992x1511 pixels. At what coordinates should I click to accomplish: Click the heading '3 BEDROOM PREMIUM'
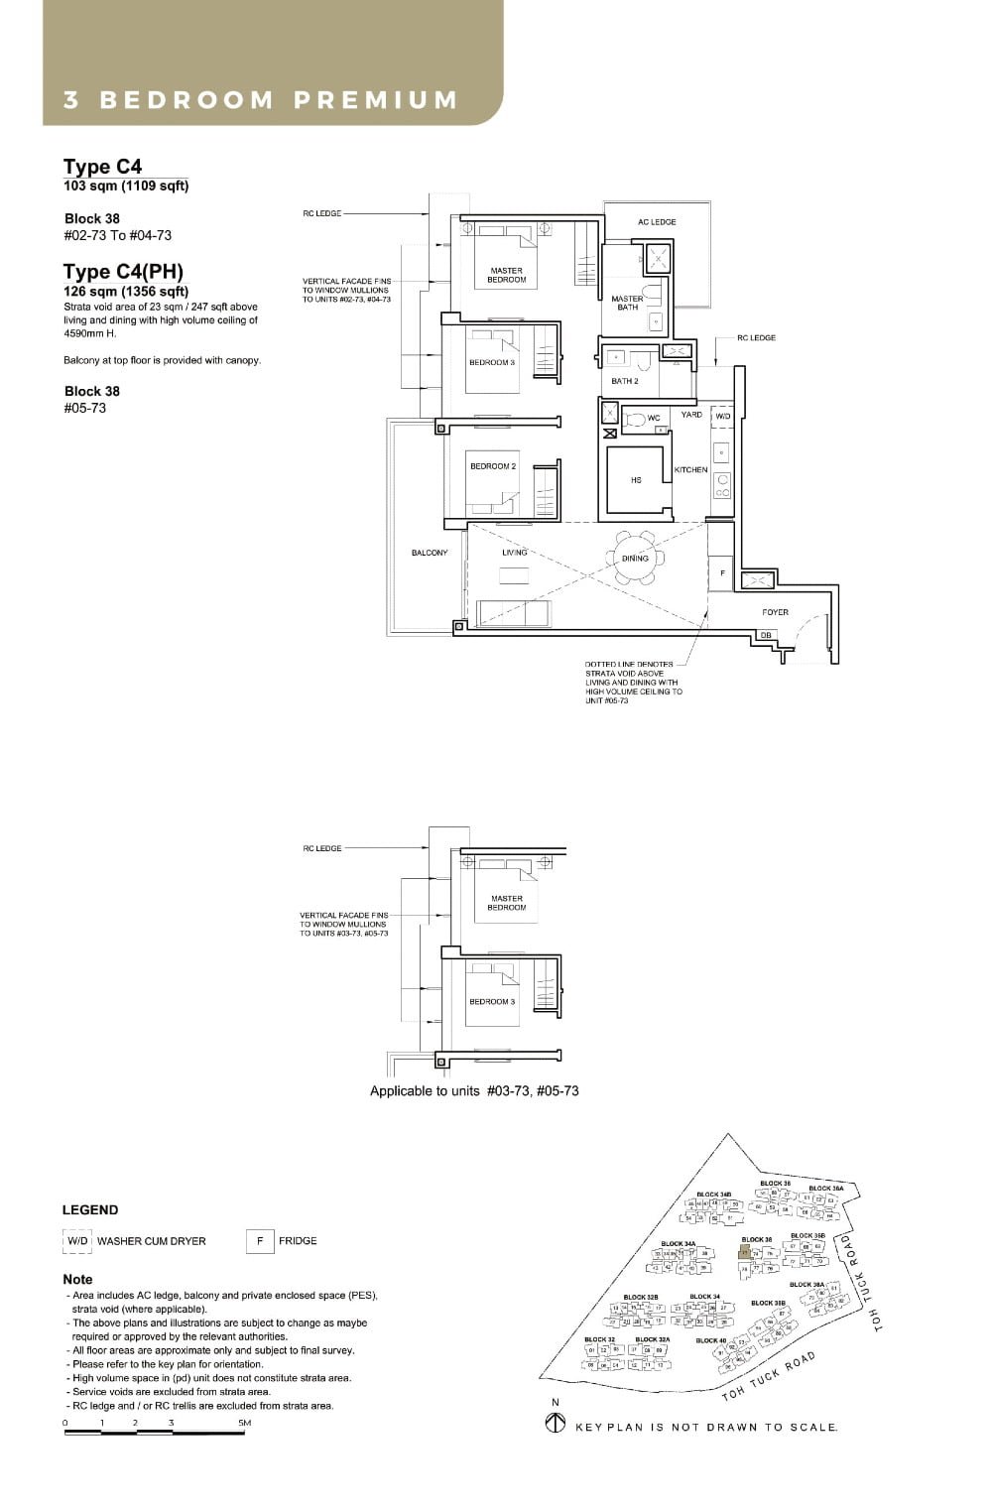261,100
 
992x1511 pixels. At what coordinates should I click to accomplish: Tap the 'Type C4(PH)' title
123,272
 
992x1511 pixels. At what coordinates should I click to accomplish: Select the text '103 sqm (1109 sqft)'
126,186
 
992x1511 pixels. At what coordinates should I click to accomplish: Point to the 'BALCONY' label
430,553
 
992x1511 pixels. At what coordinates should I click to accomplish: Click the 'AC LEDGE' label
657,222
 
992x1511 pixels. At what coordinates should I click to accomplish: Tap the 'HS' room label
636,480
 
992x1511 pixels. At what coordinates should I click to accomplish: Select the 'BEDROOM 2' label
493,466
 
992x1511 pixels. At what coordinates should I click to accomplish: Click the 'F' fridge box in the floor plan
722,573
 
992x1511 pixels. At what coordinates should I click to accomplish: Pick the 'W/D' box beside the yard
722,417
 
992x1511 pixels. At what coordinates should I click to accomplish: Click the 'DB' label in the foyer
766,635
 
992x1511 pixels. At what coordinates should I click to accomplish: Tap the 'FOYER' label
775,612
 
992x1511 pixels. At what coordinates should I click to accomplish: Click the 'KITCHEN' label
690,470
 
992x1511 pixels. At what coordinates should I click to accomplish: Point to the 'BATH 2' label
625,381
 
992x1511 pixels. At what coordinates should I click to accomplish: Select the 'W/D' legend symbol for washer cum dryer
77,1241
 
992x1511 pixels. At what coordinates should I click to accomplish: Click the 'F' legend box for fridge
259,1241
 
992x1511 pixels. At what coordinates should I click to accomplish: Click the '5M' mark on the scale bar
245,1423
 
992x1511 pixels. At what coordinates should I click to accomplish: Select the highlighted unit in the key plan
745,1253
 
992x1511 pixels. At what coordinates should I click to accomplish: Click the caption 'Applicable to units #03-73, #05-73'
474,1090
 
